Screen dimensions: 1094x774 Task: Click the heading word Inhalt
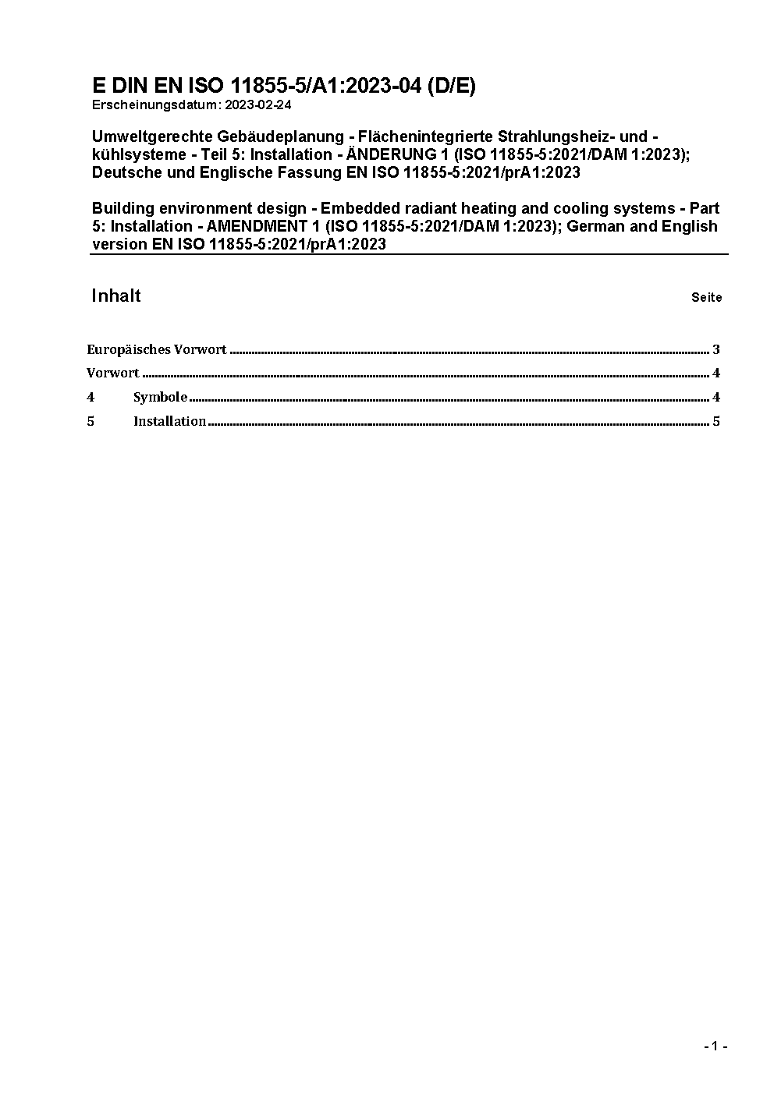point(116,296)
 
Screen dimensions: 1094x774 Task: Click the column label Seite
point(706,297)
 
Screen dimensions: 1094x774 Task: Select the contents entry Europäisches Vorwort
point(156,349)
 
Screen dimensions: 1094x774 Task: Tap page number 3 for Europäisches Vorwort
point(715,349)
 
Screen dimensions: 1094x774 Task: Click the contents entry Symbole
point(160,397)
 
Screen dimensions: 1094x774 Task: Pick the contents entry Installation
point(169,421)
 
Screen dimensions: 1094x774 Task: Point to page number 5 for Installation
point(715,421)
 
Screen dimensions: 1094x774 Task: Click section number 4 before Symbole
point(91,397)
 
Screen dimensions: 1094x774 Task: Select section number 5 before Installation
point(91,421)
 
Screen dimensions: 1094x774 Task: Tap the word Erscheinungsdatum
point(155,104)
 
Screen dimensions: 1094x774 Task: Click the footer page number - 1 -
point(715,1046)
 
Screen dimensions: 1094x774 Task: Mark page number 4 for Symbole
point(715,397)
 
